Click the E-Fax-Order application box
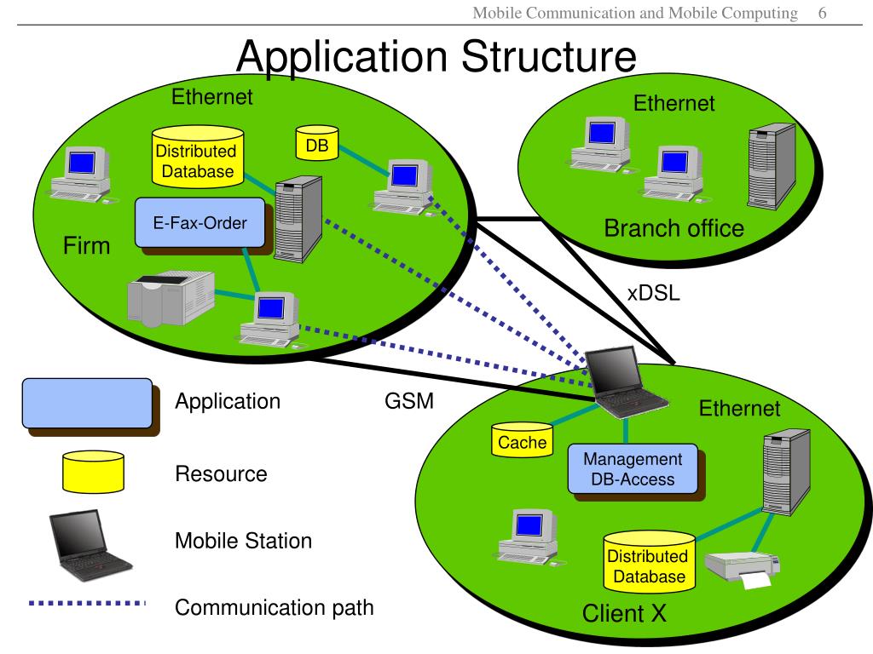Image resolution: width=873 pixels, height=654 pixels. coord(200,223)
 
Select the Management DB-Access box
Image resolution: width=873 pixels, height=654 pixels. coord(633,469)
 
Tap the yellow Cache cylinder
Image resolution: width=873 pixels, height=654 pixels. coord(523,440)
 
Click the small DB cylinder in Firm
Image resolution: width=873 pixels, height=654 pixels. coord(317,143)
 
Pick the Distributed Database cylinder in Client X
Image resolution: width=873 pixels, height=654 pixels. coord(649,562)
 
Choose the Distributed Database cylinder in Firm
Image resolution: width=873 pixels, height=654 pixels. coord(198,157)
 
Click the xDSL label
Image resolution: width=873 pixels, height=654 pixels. coord(654,293)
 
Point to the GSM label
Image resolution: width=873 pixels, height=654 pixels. coord(409,401)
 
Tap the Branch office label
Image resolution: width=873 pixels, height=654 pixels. coord(674,228)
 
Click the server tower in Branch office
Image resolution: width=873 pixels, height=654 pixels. coord(772,166)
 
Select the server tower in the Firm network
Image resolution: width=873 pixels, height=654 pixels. coord(298,219)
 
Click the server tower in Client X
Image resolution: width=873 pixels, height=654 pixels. coord(786,472)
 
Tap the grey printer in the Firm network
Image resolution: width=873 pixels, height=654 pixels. coord(171,297)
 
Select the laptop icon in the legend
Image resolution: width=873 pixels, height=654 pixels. coord(90,545)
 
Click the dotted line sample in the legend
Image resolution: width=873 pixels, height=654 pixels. coord(88,603)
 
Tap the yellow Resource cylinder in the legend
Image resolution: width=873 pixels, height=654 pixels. coord(94,472)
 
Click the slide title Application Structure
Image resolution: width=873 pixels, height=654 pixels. coord(436,56)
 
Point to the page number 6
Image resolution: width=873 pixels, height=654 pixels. coord(823,13)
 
